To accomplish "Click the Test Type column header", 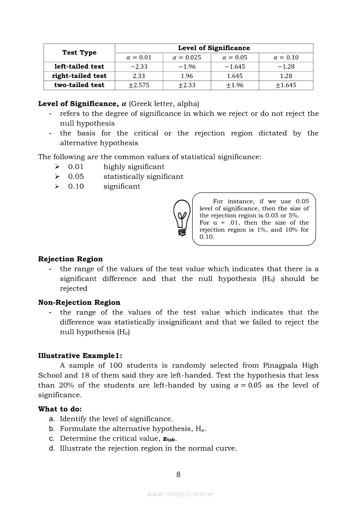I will (x=79, y=53).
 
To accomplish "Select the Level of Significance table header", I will (x=214, y=48).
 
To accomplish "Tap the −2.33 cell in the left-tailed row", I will (x=139, y=67).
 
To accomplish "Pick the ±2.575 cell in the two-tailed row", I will (x=139, y=85).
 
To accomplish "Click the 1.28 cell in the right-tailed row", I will (x=286, y=76).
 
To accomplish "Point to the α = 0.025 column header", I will (x=187, y=57).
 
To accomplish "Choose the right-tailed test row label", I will (x=79, y=76).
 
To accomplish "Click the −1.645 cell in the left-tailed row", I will (x=234, y=67).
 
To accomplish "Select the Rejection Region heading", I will (x=71, y=259).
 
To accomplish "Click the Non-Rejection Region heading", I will (x=79, y=303).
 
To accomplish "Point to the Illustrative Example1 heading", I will (x=83, y=356).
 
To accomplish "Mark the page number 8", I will (x=178, y=475).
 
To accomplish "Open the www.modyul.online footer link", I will (x=180, y=494).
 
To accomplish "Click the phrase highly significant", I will (x=134, y=167).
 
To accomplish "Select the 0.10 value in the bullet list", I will (x=76, y=186).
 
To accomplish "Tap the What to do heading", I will (x=60, y=409).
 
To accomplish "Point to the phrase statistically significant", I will (x=143, y=177).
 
